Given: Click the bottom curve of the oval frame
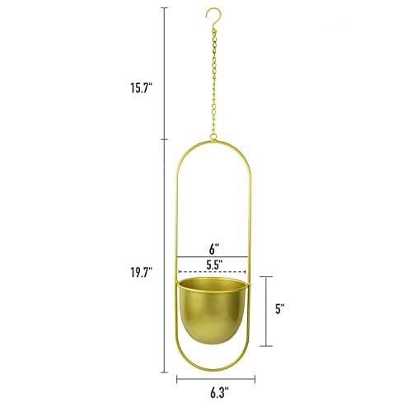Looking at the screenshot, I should [212, 368].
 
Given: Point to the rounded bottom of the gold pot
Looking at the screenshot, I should [213, 339].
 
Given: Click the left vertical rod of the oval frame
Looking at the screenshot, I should [177, 247].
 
